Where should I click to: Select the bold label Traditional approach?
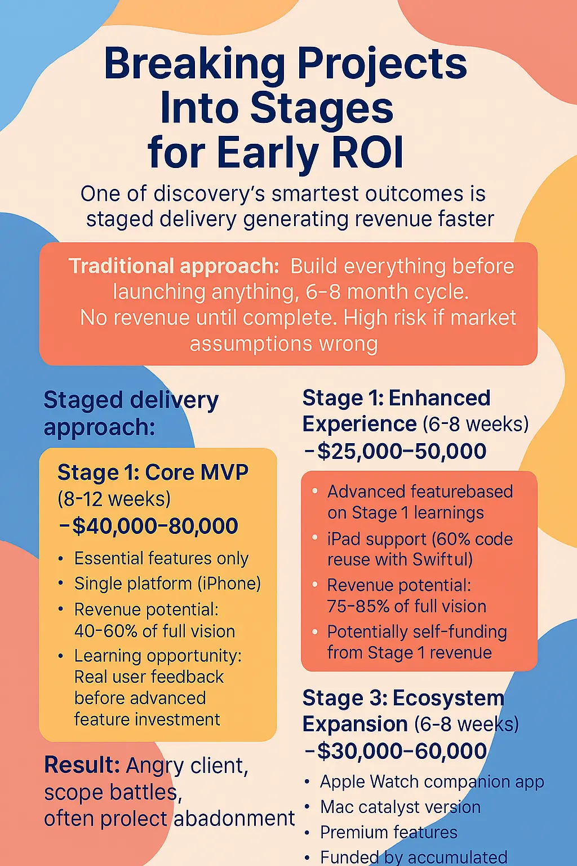click(x=174, y=266)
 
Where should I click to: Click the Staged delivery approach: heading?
click(x=131, y=413)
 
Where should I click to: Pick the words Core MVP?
click(x=197, y=472)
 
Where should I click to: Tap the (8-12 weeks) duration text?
click(x=114, y=499)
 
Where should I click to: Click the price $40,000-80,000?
click(x=155, y=526)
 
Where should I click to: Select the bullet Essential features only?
click(x=161, y=558)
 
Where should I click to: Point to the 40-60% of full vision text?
click(x=154, y=631)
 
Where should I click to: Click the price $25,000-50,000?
click(x=402, y=451)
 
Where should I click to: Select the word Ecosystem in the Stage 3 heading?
click(x=449, y=698)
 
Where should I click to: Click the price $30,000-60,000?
click(x=402, y=751)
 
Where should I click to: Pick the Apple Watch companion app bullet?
click(x=432, y=782)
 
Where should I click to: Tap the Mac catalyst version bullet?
click(x=400, y=807)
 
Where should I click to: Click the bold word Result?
click(x=82, y=765)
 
